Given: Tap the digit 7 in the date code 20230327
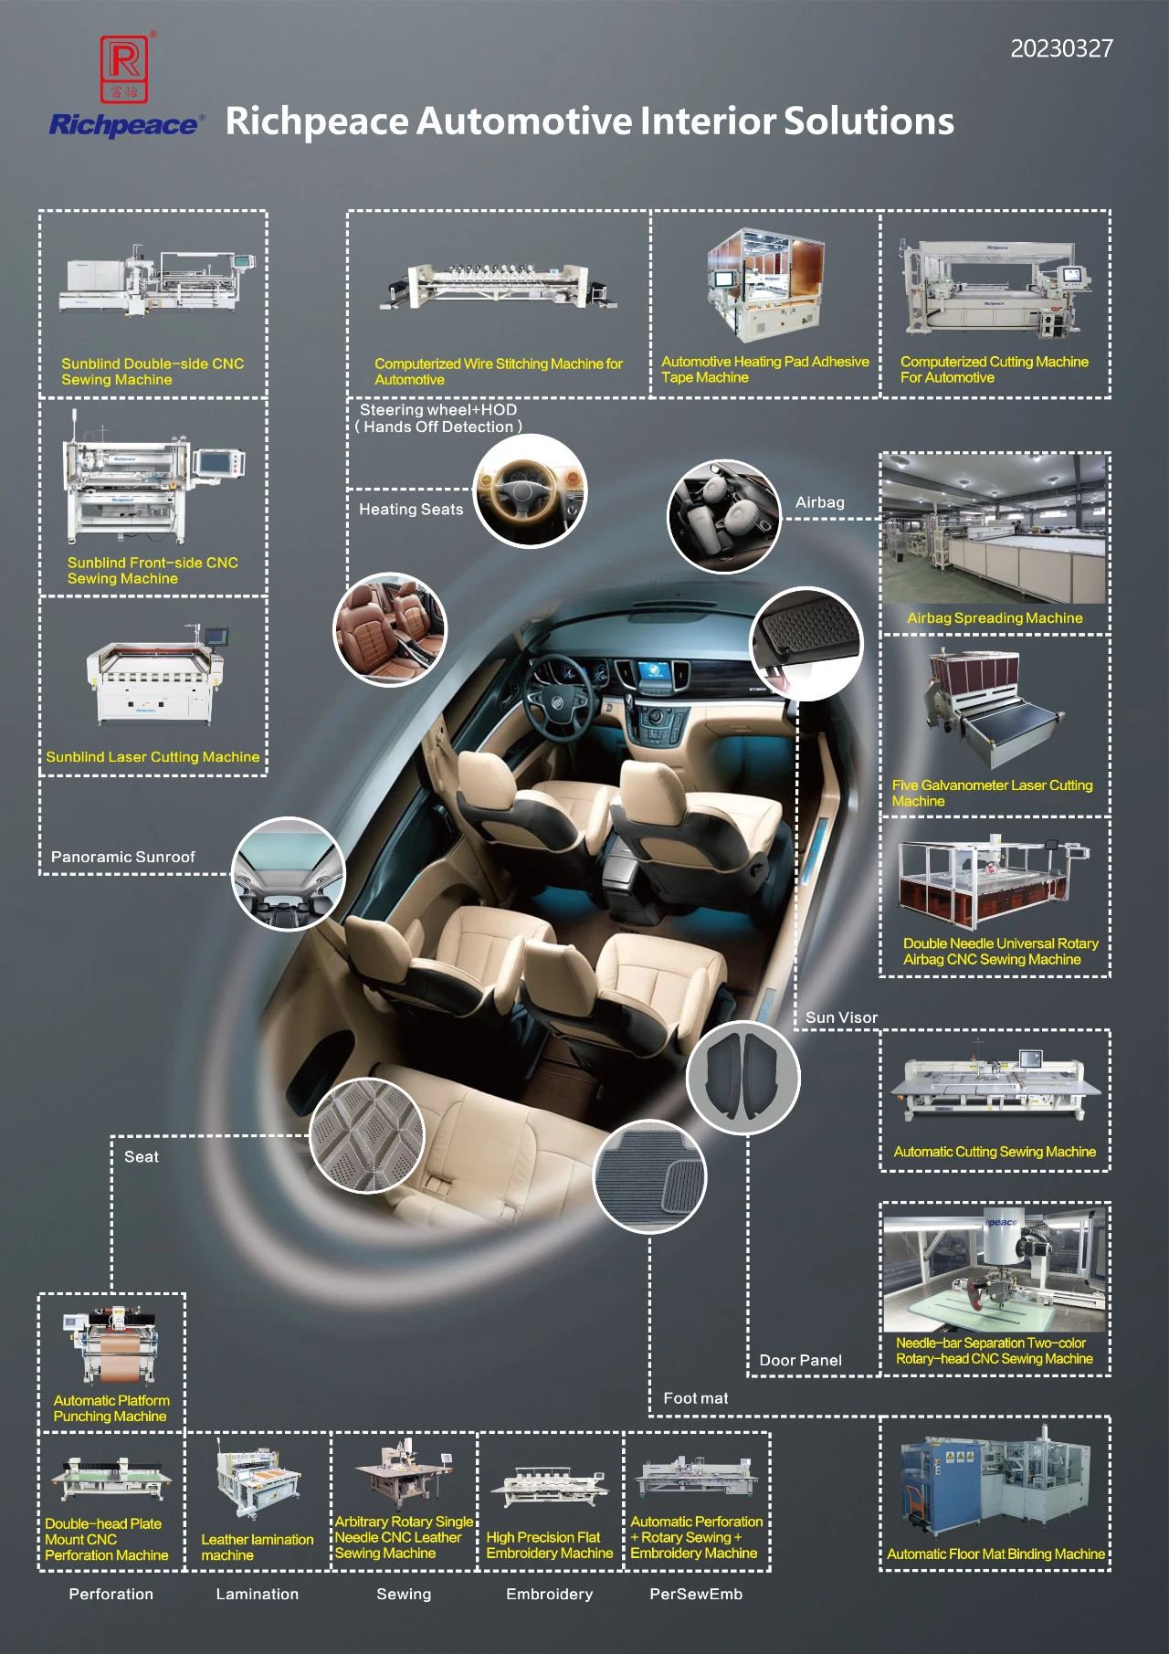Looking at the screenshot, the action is pyautogui.click(x=1107, y=48).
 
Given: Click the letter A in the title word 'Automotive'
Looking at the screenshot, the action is pyautogui.click(x=430, y=121).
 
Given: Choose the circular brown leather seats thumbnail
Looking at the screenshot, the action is pyautogui.click(x=390, y=630).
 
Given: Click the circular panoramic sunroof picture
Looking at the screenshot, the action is pyautogui.click(x=289, y=874).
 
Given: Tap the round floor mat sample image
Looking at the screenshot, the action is pyautogui.click(x=650, y=1177).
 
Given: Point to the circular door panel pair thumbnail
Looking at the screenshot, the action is pyautogui.click(x=742, y=1079).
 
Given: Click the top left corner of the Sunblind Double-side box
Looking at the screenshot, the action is pyautogui.click(x=39, y=211).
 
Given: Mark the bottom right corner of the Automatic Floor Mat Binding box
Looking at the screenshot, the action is pyautogui.click(x=1110, y=1570).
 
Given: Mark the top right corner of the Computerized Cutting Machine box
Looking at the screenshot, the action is pyautogui.click(x=1110, y=211).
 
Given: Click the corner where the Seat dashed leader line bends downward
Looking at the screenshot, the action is pyautogui.click(x=112, y=1137).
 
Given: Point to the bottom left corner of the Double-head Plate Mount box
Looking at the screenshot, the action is pyautogui.click(x=39, y=1570).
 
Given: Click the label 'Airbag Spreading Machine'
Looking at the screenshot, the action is pyautogui.click(x=995, y=618).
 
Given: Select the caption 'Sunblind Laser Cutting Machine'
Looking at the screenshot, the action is pyautogui.click(x=153, y=757).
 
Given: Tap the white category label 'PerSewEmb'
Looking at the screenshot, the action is pyautogui.click(x=696, y=1595).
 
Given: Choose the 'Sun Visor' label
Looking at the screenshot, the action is pyautogui.click(x=841, y=1017).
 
